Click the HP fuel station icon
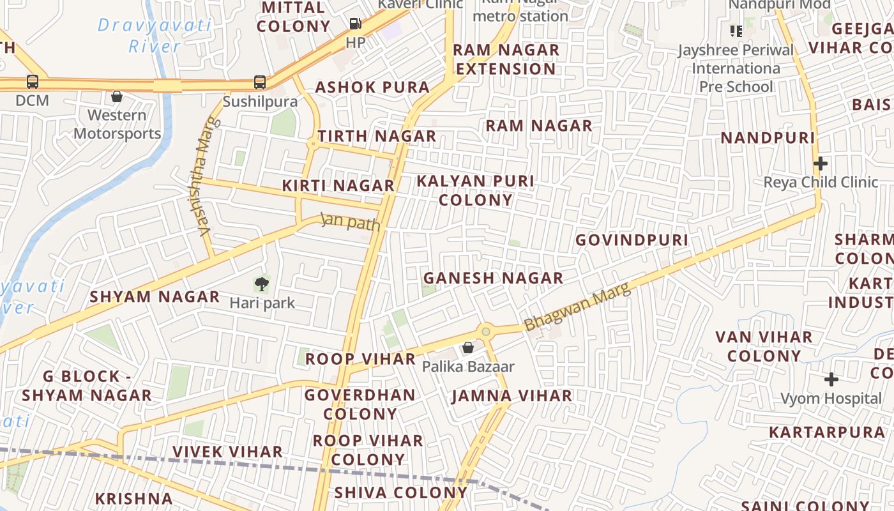(x=356, y=24)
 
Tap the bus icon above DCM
(x=33, y=82)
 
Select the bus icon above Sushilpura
(x=260, y=82)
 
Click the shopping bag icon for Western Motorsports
(x=117, y=96)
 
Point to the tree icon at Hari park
(x=262, y=284)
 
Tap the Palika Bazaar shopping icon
(x=468, y=347)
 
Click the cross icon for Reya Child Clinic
(x=821, y=163)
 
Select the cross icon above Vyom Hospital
(x=831, y=379)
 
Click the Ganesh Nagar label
(x=493, y=278)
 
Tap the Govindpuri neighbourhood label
(x=632, y=240)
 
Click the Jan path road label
(x=351, y=222)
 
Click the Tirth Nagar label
(x=377, y=136)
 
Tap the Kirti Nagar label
(x=338, y=186)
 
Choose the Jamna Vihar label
(x=511, y=396)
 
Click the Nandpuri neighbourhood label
(x=768, y=138)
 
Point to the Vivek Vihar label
(x=227, y=452)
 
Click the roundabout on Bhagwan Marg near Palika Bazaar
(x=486, y=331)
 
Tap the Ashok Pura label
(x=372, y=88)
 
